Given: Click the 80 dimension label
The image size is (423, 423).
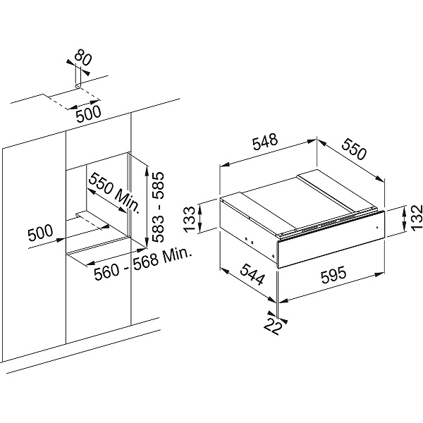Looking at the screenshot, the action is (x=83, y=58).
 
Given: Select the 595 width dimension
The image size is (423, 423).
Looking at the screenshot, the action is (x=333, y=274).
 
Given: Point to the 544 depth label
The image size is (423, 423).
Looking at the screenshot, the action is (x=252, y=274).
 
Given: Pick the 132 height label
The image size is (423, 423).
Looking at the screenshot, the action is (x=416, y=216).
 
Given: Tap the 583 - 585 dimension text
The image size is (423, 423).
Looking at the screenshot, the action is (x=158, y=207).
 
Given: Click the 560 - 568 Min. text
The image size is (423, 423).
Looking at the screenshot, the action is (x=142, y=264).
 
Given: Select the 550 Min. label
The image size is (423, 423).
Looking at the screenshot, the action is (x=115, y=193).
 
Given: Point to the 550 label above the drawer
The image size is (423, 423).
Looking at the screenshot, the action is (x=355, y=149).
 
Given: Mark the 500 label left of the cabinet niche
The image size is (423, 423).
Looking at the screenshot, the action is (x=40, y=233).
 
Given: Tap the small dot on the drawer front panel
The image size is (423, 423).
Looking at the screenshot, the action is (x=377, y=228).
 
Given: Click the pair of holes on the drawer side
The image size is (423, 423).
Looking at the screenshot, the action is (x=249, y=240).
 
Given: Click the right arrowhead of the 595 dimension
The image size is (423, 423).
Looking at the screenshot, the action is (x=381, y=275).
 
